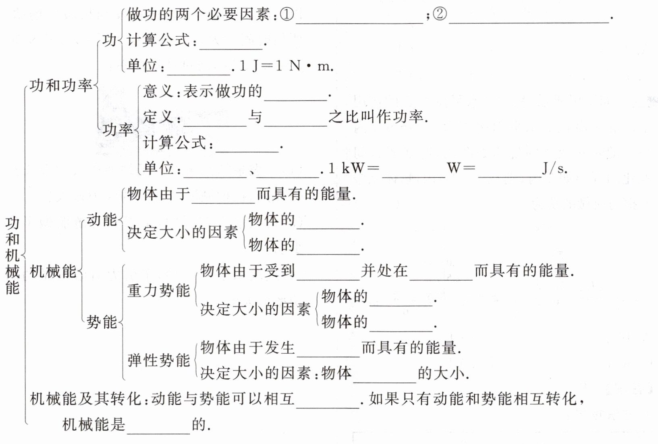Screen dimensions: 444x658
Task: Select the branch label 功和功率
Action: (x=61, y=85)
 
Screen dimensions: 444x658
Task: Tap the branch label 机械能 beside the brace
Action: (x=53, y=271)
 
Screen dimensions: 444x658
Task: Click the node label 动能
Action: (x=102, y=220)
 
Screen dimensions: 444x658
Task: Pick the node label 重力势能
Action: (x=158, y=290)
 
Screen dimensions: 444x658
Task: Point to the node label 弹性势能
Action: (x=158, y=360)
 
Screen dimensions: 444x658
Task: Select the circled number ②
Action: (x=440, y=15)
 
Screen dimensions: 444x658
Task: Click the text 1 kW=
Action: (x=353, y=169)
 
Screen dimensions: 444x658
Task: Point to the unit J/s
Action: (x=554, y=169)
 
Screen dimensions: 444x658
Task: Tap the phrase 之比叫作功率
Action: (x=378, y=117)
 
